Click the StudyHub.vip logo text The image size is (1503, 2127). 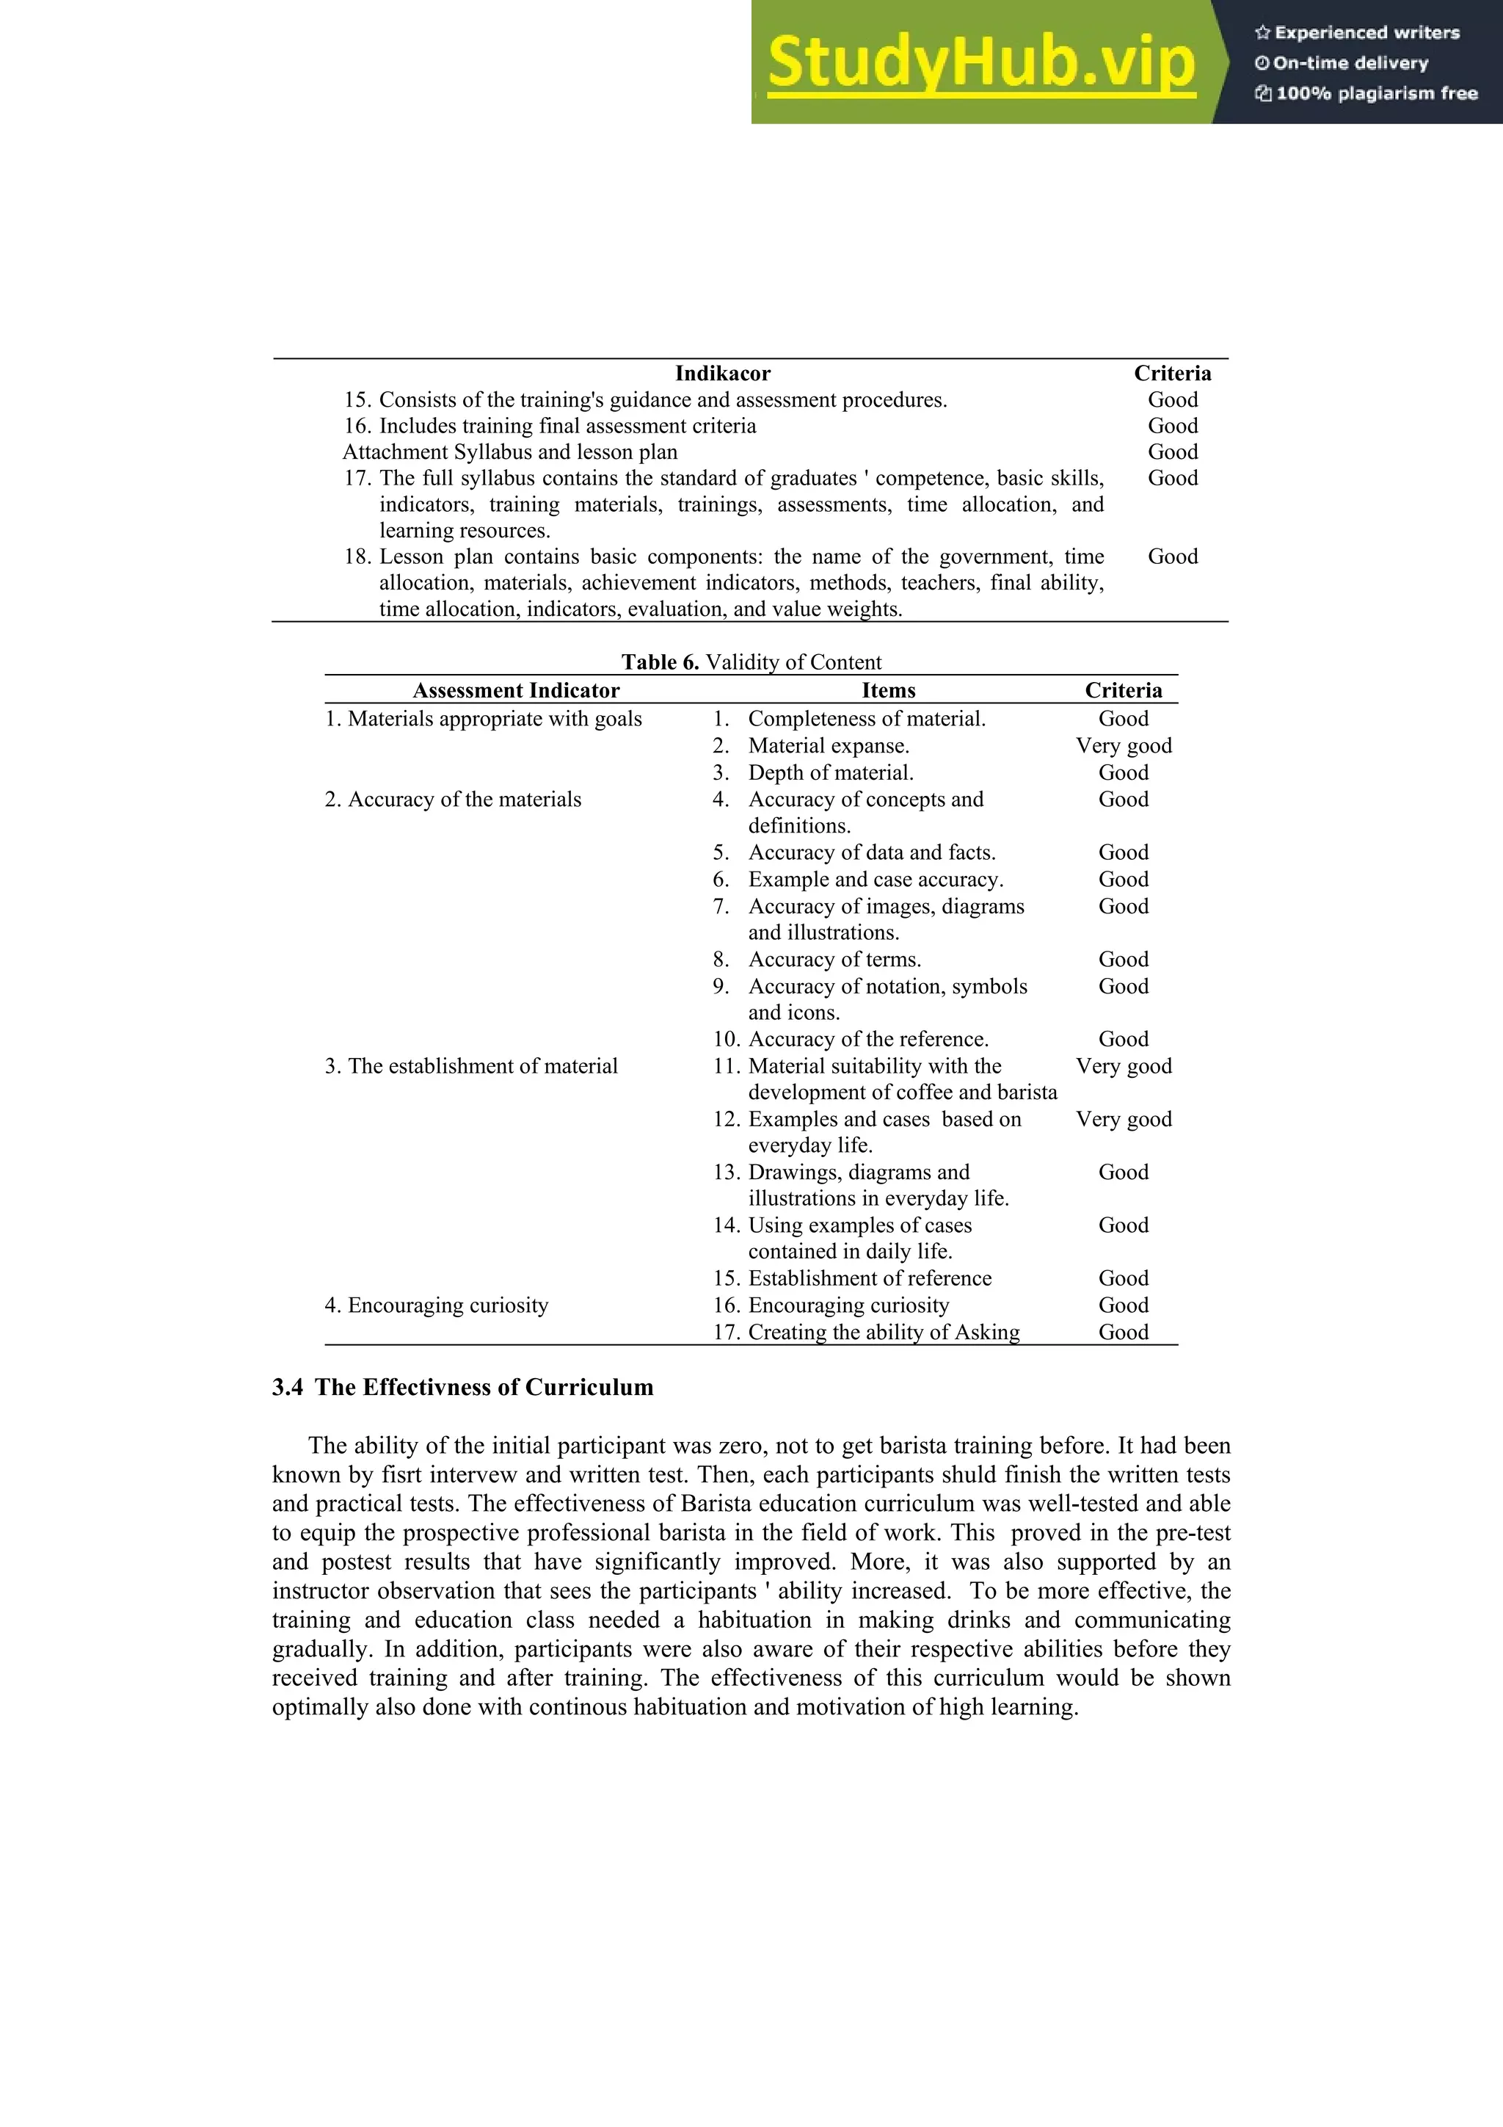coord(980,63)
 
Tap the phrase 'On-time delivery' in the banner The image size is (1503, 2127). coord(1350,63)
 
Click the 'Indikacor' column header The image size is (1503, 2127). coord(721,373)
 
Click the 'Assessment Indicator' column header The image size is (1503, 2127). coord(516,690)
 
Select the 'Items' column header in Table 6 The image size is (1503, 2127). coord(888,690)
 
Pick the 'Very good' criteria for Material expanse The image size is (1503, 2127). coord(1124,746)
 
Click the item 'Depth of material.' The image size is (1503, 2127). coord(831,772)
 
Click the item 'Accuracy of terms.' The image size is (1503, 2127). coord(834,960)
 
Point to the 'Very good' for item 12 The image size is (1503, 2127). coord(1124,1119)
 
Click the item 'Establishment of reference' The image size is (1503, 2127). coord(870,1278)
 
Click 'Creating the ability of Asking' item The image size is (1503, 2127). coord(884,1332)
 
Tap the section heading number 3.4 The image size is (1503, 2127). coord(287,1388)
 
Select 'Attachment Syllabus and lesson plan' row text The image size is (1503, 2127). coord(509,452)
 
